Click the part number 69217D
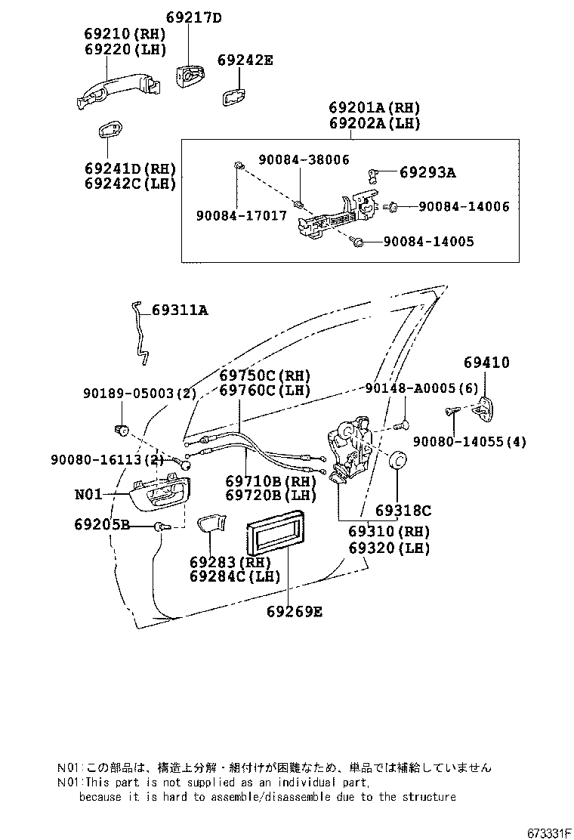[x=193, y=17]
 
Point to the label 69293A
[x=427, y=173]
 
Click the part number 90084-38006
[x=304, y=159]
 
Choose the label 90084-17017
[x=241, y=215]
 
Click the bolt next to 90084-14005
[x=360, y=242]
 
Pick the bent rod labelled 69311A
[x=140, y=329]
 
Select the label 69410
[x=486, y=363]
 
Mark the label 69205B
[x=102, y=524]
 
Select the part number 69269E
[x=294, y=611]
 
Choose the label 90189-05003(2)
[x=140, y=394]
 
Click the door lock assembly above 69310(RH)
[x=348, y=450]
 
